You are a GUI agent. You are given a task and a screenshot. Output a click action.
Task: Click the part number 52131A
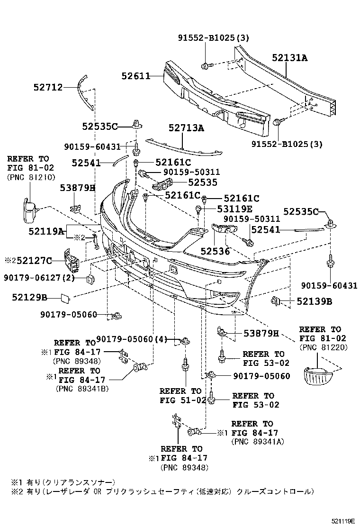289,58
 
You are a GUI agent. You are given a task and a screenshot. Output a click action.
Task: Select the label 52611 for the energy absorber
135,76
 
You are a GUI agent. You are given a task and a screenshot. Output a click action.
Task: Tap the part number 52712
48,87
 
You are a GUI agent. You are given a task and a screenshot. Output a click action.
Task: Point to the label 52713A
186,127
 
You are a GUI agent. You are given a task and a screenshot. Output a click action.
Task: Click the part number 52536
215,252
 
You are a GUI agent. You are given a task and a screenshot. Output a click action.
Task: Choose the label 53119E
235,208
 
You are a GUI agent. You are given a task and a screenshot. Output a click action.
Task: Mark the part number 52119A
46,231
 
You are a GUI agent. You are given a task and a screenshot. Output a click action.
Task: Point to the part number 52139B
315,301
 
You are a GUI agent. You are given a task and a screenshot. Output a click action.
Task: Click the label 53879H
261,334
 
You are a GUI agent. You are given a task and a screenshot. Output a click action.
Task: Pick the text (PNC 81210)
31,177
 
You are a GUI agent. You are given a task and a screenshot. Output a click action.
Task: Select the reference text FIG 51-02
183,400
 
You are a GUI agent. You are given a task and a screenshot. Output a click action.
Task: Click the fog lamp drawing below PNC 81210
30,211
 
